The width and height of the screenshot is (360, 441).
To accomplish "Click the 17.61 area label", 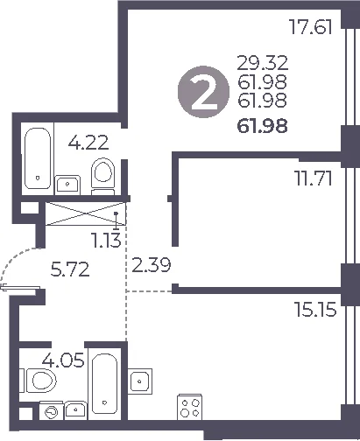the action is pos(310,27).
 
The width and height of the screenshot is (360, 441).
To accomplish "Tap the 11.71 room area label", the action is pos(314,178).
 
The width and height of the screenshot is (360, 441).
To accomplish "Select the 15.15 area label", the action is pos(315,309).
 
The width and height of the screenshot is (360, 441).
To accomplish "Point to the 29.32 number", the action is pos(263,63).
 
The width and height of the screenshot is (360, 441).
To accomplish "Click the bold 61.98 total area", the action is pos(263,126).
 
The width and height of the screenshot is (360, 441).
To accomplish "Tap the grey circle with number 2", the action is pos(203,92).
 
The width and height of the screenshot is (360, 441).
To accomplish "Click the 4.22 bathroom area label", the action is pos(88,143).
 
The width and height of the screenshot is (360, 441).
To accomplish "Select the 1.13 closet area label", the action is pos(106,241).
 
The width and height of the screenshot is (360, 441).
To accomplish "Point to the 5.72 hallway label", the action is pos(70,269).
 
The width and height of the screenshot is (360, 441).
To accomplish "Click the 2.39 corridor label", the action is pos(151,265).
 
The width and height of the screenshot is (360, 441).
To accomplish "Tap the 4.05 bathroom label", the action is pos(63,360).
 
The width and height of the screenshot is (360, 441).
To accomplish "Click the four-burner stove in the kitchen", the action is pos(190,407).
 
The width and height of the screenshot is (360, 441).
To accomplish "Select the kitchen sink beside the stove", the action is pos(140,381).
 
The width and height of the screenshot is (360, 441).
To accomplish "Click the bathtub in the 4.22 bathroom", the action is pos(38,158).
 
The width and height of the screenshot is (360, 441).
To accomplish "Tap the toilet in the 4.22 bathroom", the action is pos(102,176).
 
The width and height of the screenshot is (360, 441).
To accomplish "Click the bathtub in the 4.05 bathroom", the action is pos(104,384).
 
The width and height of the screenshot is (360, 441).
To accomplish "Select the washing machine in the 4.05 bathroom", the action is pos(52,411).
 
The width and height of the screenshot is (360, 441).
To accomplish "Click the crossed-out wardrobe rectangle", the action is pos(86,214).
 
